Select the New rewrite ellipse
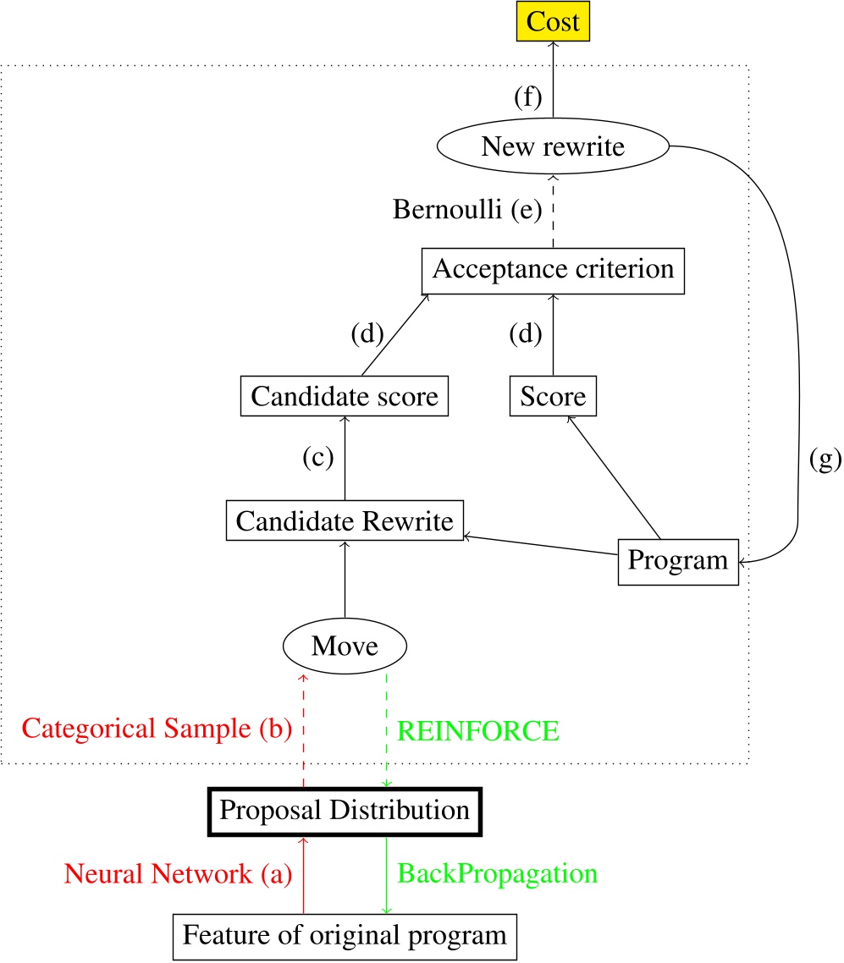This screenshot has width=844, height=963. click(552, 147)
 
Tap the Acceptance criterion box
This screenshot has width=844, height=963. click(552, 270)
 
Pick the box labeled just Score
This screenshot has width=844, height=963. click(552, 395)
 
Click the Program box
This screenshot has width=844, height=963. click(677, 560)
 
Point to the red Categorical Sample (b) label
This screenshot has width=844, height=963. click(157, 729)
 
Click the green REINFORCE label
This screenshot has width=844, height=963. click(477, 731)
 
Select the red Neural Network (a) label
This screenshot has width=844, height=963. click(178, 874)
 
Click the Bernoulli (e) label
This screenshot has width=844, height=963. click(466, 209)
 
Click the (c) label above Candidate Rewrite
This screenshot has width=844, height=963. click(318, 458)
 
